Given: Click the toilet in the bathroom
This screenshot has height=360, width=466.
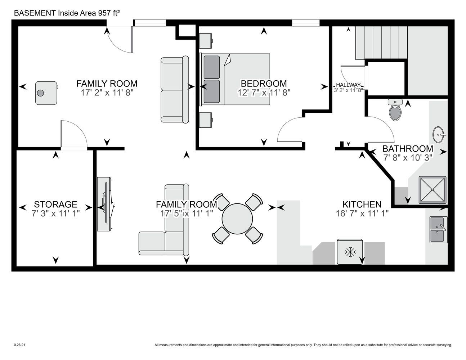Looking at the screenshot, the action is tap(395, 110).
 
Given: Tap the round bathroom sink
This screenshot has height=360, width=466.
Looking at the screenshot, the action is tap(439, 135).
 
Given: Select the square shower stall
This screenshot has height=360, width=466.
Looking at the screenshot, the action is tap(433, 190).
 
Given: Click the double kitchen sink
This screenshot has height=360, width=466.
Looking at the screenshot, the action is tap(438, 230).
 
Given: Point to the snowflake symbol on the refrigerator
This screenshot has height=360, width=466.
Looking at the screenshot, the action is tap(350, 252).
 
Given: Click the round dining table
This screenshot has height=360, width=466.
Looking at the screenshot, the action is tap(237, 219).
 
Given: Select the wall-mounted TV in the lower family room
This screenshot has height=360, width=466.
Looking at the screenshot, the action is tap(106, 204).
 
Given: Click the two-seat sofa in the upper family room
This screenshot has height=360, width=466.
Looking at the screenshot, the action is tap(175, 90).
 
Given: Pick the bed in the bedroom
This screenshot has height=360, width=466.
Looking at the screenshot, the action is tap(234, 79).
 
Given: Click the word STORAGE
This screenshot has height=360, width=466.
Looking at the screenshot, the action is tap(55, 204).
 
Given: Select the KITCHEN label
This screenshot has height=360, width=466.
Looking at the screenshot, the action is tap(362, 204).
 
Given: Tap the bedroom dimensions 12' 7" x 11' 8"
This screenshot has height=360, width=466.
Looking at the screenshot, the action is tap(264, 93).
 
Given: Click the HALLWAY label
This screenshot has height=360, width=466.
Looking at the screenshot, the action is tap(348, 85).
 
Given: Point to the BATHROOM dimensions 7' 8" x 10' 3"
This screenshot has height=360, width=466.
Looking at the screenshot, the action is tap(408, 158).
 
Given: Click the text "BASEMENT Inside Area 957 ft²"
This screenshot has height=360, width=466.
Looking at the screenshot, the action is tap(67, 13).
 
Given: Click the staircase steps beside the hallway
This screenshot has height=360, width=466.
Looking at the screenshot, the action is tap(381, 43).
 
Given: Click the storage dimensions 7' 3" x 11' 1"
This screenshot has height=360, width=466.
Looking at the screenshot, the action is tap(55, 213).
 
